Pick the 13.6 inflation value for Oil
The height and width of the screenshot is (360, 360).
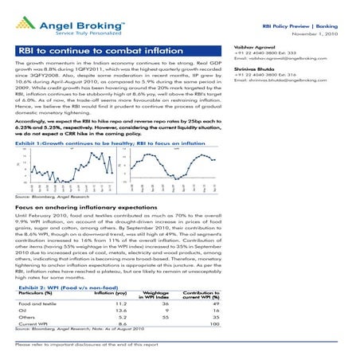pyautogui.click(x=123, y=312)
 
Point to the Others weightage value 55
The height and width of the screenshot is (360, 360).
pyautogui.click(x=166, y=321)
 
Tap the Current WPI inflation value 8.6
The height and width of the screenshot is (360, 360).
pyautogui.click(x=123, y=329)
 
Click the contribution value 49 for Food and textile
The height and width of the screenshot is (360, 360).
pyautogui.click(x=214, y=303)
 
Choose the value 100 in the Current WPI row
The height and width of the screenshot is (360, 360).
pyautogui.click(x=213, y=329)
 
